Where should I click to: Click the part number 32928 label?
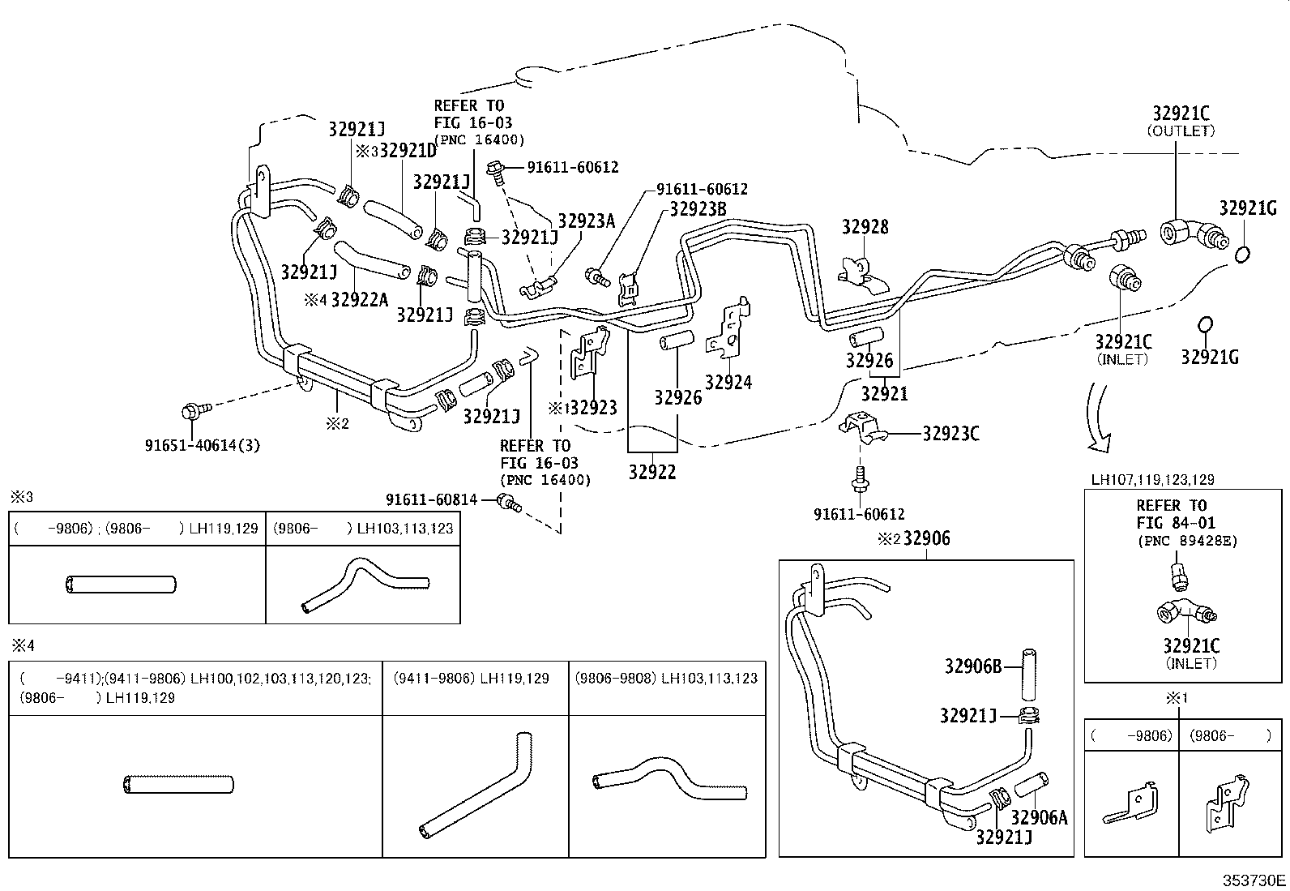coord(865,227)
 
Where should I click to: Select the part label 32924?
coord(728,383)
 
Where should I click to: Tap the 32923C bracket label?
coord(950,434)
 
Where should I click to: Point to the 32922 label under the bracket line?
coord(652,472)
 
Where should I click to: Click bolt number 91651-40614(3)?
coord(203,445)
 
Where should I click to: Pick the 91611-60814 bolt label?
coord(431,500)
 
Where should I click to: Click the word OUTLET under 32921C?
coord(1181,131)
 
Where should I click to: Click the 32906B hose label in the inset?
coord(973,666)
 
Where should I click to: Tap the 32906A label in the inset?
coord(1039,817)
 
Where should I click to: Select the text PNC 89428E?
coord(1186,541)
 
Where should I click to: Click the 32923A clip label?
coord(587,221)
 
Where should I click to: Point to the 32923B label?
coord(698,209)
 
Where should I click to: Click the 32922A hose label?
coord(360,300)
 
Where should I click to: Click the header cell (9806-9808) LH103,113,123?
coord(666,678)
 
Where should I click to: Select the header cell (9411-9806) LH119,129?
coord(470,678)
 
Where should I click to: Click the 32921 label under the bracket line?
coord(884,395)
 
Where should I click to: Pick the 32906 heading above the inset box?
coord(926,539)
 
